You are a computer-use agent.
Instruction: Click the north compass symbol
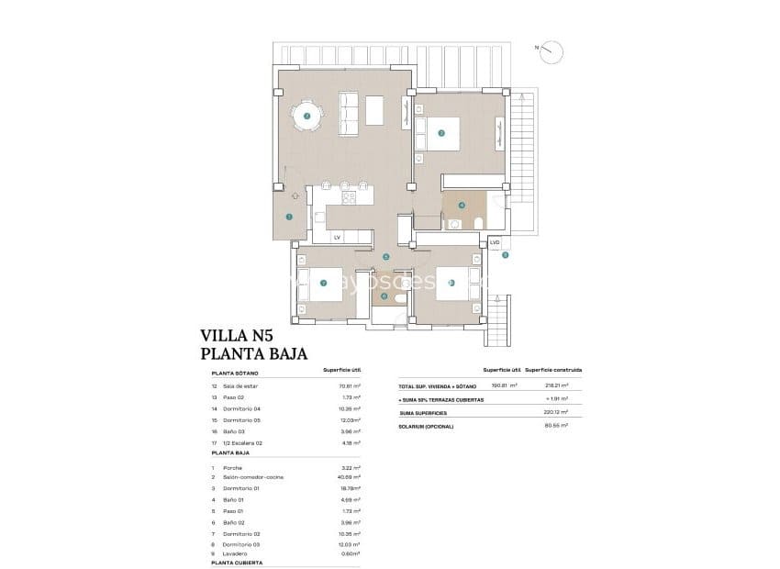(552, 50)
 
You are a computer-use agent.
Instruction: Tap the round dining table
(306, 116)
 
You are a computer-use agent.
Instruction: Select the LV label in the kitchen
(338, 238)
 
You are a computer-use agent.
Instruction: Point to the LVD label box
(495, 243)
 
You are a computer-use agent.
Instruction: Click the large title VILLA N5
(237, 337)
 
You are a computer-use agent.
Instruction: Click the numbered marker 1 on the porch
(289, 218)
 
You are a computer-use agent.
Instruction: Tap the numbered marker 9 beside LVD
(505, 255)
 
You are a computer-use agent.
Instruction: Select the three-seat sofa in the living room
(350, 111)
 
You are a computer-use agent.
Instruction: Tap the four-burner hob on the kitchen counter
(349, 195)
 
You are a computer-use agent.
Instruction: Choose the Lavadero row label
(232, 553)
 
